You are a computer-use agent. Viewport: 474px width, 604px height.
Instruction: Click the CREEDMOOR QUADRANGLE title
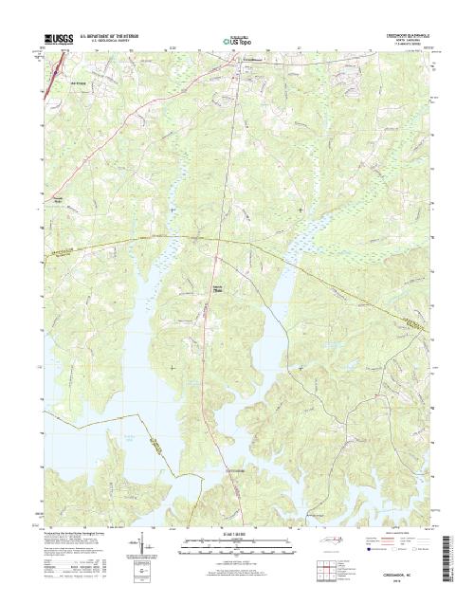409,33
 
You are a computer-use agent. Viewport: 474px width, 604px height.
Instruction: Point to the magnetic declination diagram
145,548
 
